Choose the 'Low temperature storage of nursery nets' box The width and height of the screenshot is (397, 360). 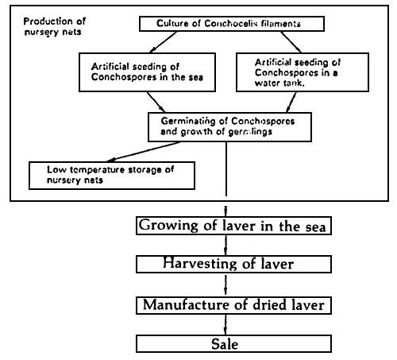coord(110,175)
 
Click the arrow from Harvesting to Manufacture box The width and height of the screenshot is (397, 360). coord(227,284)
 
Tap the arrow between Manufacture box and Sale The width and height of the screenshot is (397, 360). coord(227,324)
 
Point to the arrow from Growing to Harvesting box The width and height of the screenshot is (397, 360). coord(227,245)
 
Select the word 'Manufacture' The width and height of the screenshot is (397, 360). coord(187,304)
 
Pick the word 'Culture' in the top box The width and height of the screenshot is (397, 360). coord(167,23)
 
